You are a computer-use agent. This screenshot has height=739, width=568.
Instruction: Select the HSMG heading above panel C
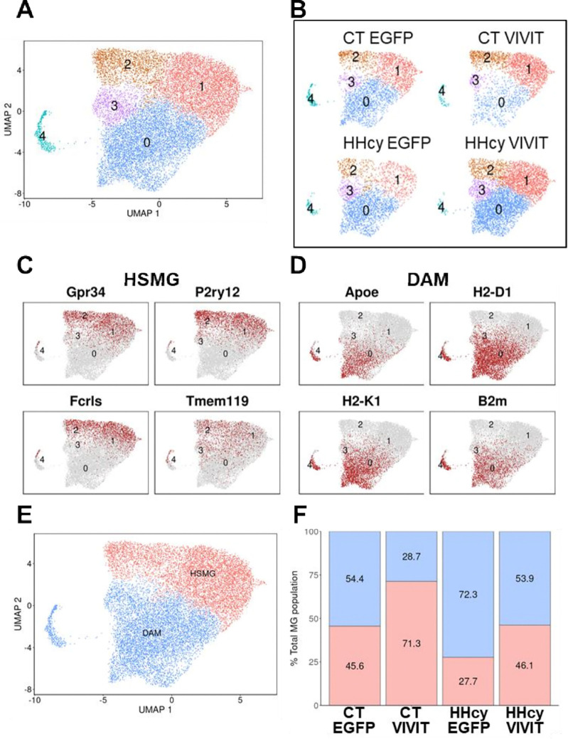point(151,280)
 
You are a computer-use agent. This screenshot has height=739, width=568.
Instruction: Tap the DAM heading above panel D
point(428,280)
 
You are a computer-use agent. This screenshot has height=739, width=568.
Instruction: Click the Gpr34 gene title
point(86,292)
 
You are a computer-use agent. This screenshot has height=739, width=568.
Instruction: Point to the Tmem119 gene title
point(217,401)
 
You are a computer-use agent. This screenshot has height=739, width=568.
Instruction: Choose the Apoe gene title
point(361,292)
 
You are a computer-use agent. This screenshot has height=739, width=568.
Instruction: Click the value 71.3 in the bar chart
point(411,643)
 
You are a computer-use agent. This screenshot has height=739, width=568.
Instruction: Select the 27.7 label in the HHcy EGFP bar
point(468,681)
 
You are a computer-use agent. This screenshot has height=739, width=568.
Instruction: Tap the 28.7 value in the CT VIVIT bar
point(411,557)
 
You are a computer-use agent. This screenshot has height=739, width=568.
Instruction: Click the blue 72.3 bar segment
point(468,595)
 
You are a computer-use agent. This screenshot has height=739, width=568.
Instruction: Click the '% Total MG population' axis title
point(295,618)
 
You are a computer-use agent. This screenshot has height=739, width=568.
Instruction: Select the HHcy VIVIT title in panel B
point(506,143)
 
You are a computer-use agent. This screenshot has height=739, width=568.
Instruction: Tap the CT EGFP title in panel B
point(377,38)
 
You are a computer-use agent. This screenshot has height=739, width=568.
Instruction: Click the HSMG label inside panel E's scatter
point(203,573)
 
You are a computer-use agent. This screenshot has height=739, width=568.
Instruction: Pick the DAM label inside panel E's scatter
point(151,632)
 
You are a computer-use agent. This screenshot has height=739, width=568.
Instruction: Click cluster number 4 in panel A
point(43,136)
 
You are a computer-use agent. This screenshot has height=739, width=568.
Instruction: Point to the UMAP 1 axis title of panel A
point(143,213)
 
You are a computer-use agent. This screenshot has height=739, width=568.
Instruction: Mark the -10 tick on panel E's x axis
point(34,701)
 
